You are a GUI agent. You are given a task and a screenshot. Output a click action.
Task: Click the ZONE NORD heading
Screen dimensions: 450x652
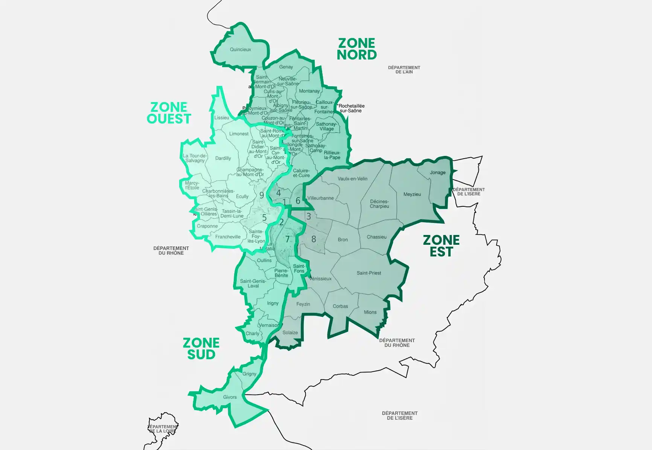(x=356, y=49)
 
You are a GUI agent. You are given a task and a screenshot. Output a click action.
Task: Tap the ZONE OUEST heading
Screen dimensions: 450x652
(x=169, y=113)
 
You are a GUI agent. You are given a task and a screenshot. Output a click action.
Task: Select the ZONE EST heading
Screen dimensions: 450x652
(x=441, y=246)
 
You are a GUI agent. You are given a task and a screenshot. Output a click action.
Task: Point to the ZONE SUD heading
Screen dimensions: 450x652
(x=201, y=349)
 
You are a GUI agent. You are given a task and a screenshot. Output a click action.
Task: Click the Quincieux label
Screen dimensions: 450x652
(x=240, y=49)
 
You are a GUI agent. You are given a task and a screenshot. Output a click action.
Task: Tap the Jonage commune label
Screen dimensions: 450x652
(x=437, y=172)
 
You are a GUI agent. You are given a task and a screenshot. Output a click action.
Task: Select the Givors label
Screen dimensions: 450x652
(x=230, y=397)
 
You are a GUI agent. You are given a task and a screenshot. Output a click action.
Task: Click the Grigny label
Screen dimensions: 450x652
(x=249, y=374)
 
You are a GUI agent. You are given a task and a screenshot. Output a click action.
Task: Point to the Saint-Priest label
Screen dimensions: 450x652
(x=369, y=273)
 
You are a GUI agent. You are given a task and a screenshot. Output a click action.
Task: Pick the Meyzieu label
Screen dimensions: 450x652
(x=412, y=194)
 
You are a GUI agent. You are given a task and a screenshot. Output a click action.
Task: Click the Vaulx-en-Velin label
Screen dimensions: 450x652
(x=352, y=179)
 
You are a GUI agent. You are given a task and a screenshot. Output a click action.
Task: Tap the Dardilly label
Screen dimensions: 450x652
(x=223, y=158)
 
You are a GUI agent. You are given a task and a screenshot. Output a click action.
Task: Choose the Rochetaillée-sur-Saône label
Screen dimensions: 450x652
(x=351, y=108)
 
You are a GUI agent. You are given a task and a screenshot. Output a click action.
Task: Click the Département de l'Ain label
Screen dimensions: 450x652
(x=404, y=70)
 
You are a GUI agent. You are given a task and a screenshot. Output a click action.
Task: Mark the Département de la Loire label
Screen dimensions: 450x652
(x=163, y=429)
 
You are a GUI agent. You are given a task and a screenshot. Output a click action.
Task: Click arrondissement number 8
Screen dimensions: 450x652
(x=313, y=239)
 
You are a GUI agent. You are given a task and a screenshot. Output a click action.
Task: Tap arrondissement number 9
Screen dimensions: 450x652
(x=262, y=195)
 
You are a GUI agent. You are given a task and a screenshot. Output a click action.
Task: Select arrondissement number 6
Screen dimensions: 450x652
(x=298, y=201)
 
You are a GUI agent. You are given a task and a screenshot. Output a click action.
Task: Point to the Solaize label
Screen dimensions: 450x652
(x=290, y=333)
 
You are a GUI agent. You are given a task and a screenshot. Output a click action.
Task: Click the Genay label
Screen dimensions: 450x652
(x=286, y=67)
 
